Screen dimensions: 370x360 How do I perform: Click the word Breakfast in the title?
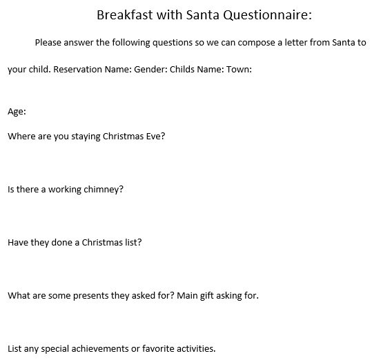point(124,15)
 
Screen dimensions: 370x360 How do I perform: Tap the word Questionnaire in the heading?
point(267,15)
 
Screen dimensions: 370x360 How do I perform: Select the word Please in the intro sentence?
point(48,43)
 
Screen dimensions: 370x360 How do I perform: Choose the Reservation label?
point(78,70)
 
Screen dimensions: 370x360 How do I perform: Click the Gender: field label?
point(150,70)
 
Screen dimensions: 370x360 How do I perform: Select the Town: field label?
point(240,70)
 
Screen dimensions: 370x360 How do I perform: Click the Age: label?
point(17,112)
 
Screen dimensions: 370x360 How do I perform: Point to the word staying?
point(86,137)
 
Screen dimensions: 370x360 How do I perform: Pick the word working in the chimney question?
point(65,190)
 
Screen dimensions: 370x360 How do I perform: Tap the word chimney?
point(104,190)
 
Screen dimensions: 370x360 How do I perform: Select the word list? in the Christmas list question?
point(133,243)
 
